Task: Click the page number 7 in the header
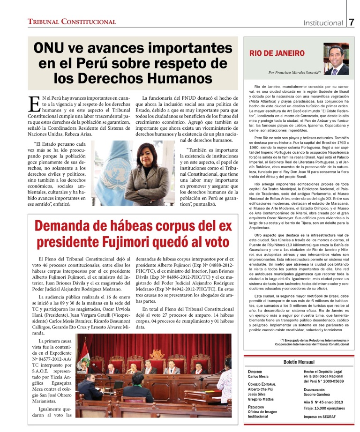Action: (352, 22)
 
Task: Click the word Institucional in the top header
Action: (323, 23)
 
